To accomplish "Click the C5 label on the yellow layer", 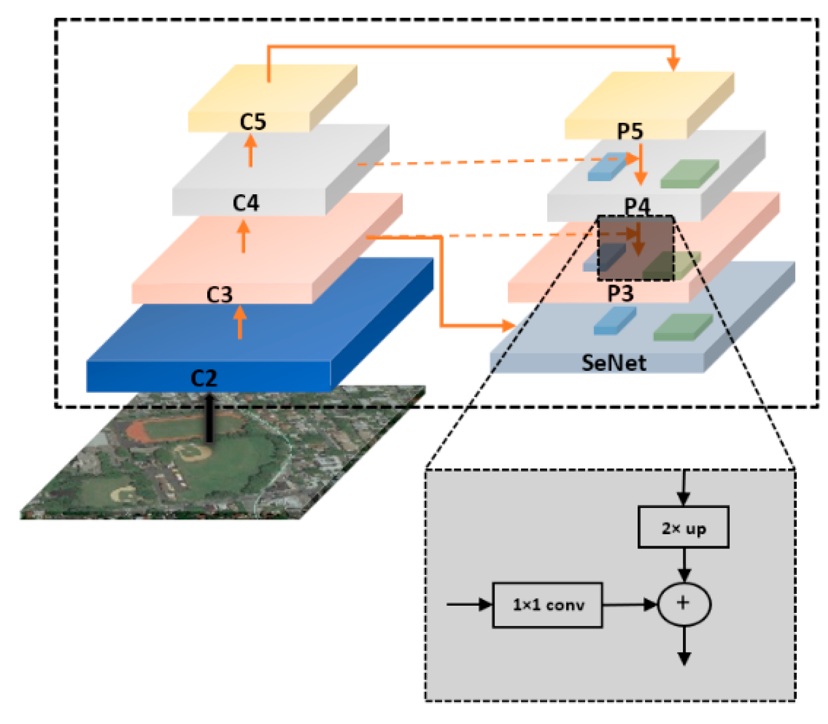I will click(253, 121).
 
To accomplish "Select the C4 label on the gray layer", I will click(245, 203).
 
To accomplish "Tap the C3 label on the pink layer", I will click(219, 294).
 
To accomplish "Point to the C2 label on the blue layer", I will click(204, 378).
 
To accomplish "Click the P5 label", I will click(630, 131).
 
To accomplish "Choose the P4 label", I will click(637, 206).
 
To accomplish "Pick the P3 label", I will click(620, 293).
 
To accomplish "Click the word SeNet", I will click(613, 363).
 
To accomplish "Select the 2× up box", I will click(683, 527).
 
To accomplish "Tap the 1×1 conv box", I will click(547, 605).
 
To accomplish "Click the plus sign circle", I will click(683, 604).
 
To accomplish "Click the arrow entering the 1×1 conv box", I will click(469, 604).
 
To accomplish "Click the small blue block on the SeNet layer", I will click(614, 321).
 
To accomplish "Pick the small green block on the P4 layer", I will click(689, 174).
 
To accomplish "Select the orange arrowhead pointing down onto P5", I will click(673, 63).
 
